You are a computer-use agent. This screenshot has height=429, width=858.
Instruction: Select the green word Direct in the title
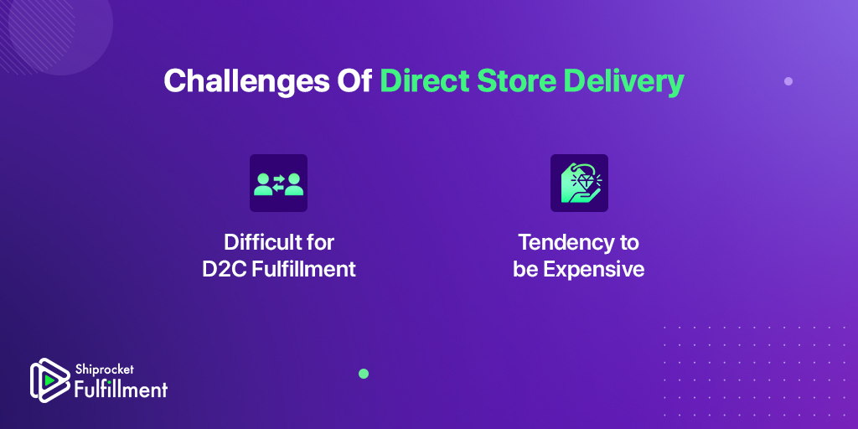click(x=425, y=81)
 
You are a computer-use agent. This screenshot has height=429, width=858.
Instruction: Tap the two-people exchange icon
click(x=278, y=183)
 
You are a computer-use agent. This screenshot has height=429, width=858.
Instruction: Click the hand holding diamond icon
click(x=579, y=183)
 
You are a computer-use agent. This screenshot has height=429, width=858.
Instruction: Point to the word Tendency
click(x=561, y=243)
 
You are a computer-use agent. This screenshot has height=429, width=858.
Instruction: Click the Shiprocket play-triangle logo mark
click(x=49, y=380)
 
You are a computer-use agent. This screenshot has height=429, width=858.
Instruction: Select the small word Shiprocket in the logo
click(x=104, y=370)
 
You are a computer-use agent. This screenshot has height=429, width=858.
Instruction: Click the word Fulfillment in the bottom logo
click(x=121, y=389)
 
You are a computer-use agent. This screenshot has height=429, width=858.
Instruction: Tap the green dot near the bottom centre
click(x=364, y=374)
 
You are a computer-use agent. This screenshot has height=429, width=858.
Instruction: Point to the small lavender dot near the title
click(x=788, y=81)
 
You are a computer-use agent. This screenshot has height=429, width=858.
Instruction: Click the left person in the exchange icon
click(x=264, y=184)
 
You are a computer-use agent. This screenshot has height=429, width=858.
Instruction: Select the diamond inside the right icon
click(x=582, y=181)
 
